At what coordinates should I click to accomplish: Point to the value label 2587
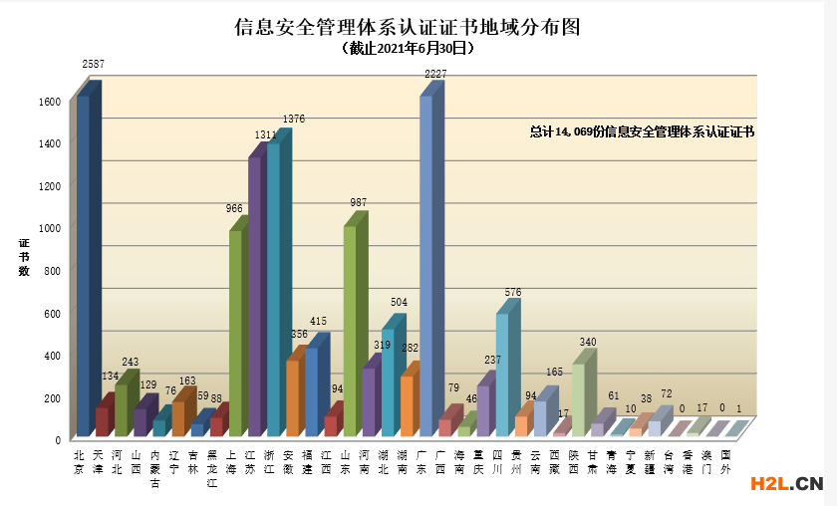pos(94,65)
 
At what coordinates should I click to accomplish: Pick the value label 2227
pos(435,74)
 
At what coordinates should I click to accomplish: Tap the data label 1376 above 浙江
pos(293,120)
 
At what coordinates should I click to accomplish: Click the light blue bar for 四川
pos(502,375)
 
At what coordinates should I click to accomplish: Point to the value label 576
pos(512,293)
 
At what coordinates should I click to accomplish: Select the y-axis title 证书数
pos(24,256)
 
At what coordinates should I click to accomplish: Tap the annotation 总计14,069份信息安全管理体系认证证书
pos(642,131)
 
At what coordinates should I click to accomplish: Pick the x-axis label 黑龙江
pos(212,468)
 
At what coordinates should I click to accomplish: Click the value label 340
pos(588,343)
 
